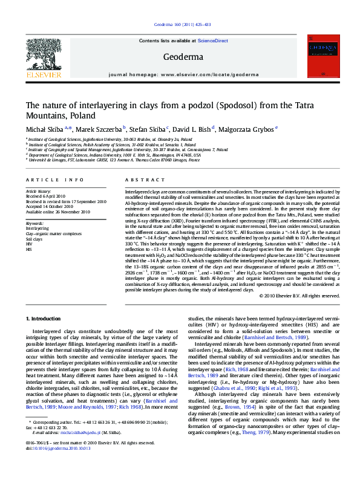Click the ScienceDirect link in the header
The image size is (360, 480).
[x=214, y=41]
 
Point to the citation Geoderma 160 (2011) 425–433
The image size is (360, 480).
[x=179, y=25]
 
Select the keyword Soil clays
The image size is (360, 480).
[x=34, y=239]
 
